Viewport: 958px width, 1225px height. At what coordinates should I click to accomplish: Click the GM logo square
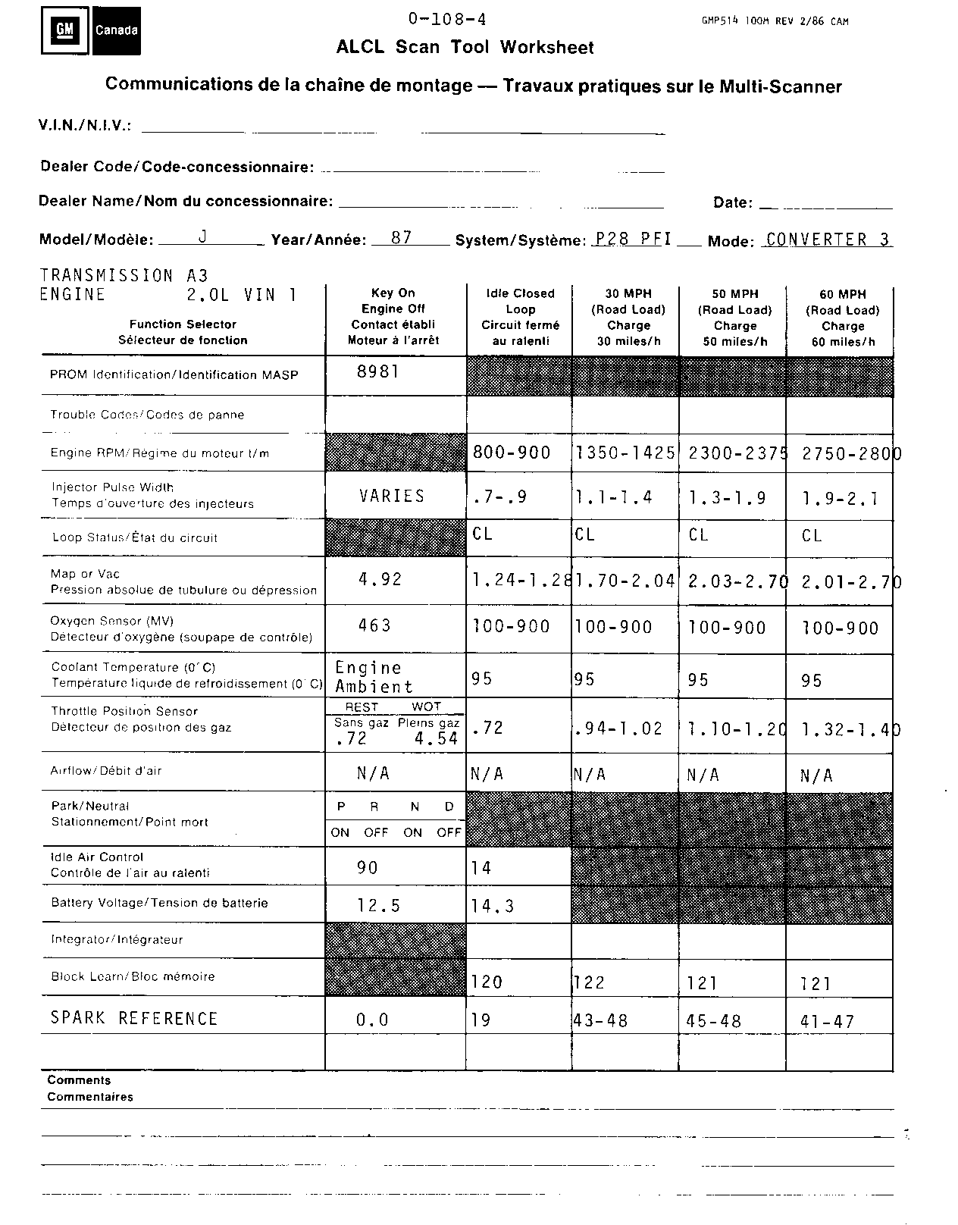click(66, 30)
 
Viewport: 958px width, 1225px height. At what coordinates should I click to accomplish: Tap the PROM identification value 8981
click(377, 371)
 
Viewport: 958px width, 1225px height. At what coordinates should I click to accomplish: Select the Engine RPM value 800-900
click(512, 453)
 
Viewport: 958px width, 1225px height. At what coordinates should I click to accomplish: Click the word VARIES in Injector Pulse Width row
click(392, 496)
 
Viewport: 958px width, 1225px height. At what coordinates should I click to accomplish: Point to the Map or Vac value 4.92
click(380, 580)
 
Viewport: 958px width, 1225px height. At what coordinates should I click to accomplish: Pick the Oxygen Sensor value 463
click(374, 625)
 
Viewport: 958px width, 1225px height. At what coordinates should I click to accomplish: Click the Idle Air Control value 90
click(368, 867)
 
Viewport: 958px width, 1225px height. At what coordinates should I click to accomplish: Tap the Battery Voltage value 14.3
click(493, 906)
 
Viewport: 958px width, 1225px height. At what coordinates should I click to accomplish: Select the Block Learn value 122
click(589, 983)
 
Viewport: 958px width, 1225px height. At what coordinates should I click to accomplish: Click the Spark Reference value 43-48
click(601, 1021)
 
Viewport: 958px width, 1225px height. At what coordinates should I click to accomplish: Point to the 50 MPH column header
click(734, 317)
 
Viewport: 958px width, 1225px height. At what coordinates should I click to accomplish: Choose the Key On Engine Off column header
click(393, 316)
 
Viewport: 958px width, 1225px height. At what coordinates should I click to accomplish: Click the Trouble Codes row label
click(147, 415)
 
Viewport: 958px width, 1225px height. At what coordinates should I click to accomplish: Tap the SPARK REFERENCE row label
click(134, 1018)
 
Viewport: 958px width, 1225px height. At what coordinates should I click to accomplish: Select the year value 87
click(401, 237)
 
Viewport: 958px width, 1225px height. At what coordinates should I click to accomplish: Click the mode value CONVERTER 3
click(828, 240)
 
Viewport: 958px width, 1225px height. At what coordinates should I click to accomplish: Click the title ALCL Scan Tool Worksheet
click(465, 47)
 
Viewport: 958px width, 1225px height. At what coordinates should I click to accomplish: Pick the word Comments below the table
click(79, 1080)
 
